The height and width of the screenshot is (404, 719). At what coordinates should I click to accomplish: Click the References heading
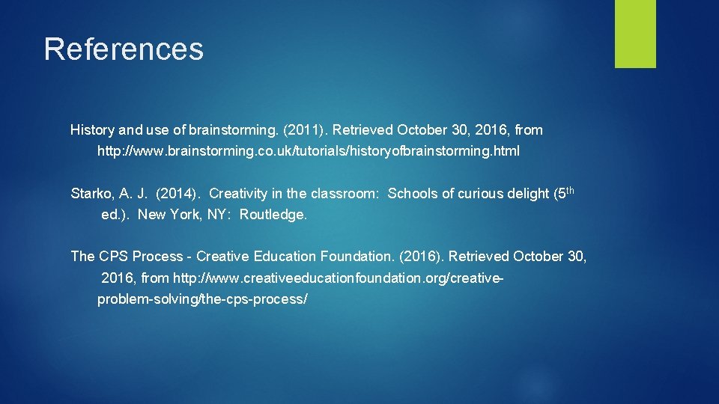(124, 49)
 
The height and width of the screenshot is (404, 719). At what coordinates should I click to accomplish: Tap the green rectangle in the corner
(635, 34)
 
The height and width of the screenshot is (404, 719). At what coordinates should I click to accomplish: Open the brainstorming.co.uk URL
(308, 151)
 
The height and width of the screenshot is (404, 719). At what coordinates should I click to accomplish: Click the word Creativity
(239, 194)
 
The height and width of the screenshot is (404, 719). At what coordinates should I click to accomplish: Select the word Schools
(413, 194)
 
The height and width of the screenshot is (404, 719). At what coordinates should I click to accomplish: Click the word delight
(528, 194)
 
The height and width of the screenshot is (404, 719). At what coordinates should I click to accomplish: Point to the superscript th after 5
(570, 190)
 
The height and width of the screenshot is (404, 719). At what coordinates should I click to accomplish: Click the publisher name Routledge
(273, 215)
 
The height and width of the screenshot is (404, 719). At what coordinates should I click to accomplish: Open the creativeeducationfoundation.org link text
(338, 278)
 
